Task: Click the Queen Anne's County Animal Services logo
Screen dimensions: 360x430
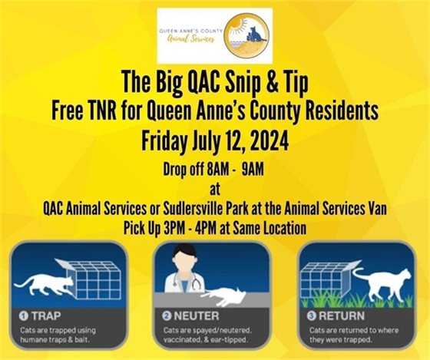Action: pos(213,35)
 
